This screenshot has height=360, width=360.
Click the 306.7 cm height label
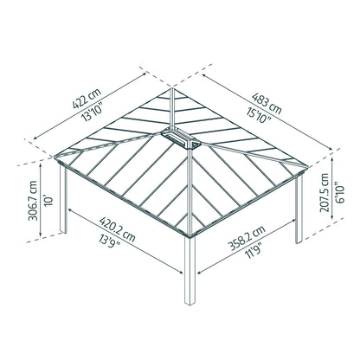pyautogui.click(x=33, y=202)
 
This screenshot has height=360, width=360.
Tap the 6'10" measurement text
pyautogui.click(x=341, y=198)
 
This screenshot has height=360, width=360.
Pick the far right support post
pyautogui.click(x=299, y=212)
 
